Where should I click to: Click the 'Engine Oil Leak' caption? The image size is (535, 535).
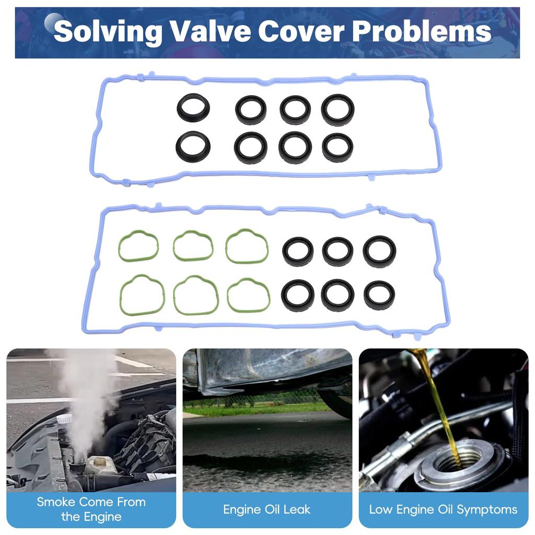point(266,509)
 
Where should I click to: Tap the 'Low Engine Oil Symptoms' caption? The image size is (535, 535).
point(443,509)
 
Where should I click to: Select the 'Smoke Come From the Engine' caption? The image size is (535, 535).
point(91,509)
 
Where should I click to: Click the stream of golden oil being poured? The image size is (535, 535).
point(436,402)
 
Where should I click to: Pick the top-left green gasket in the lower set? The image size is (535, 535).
point(138,246)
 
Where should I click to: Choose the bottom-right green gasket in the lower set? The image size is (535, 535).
point(248,295)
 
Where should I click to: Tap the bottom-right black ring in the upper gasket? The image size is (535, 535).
point(338,147)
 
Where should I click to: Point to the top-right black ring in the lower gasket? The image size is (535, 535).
point(379,250)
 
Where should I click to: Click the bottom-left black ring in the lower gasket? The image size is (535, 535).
point(298,295)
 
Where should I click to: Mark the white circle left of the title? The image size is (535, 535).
point(52,21)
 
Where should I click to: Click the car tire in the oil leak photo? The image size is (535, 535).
point(334,402)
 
